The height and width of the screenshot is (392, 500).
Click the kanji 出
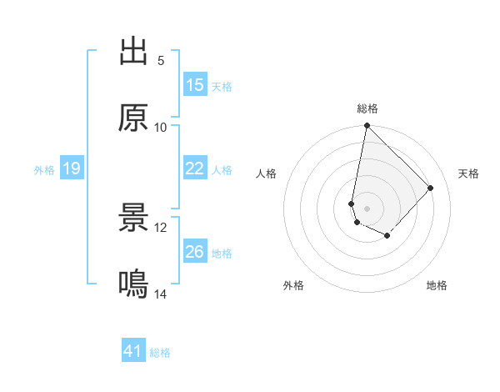(x=133, y=53)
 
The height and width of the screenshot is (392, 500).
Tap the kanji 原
(x=133, y=118)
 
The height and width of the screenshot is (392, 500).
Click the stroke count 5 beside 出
(x=161, y=61)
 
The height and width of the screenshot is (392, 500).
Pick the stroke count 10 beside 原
(x=161, y=127)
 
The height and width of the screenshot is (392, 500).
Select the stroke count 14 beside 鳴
(x=161, y=294)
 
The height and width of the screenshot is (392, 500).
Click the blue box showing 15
(x=195, y=85)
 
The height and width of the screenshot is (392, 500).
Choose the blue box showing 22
(x=195, y=168)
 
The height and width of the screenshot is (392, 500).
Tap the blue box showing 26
(x=195, y=252)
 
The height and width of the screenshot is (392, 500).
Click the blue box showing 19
(x=72, y=168)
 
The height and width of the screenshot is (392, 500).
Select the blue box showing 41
(x=133, y=351)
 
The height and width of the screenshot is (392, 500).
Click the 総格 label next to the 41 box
(x=160, y=353)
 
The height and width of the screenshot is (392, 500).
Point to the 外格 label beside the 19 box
(x=44, y=170)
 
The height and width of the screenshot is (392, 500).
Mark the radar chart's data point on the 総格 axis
(x=367, y=126)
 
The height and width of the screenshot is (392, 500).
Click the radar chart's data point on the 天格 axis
(x=431, y=188)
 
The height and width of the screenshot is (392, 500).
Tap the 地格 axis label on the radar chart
(x=437, y=286)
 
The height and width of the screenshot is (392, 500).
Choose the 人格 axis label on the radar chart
(x=267, y=173)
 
